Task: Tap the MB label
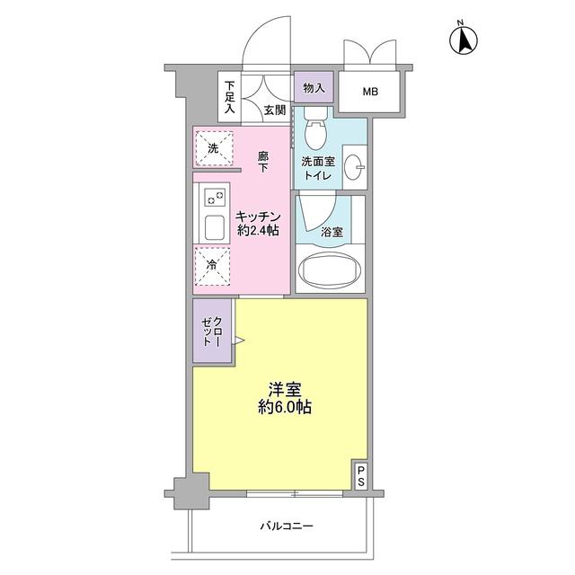tap(370, 92)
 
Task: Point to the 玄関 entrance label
tap(275, 111)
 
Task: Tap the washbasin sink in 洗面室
tap(356, 167)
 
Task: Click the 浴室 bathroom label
tap(332, 232)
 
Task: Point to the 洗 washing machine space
tap(213, 148)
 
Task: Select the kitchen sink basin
tap(217, 227)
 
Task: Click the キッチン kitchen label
tap(260, 217)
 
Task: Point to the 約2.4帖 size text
tap(260, 231)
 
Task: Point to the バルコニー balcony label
tap(287, 526)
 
